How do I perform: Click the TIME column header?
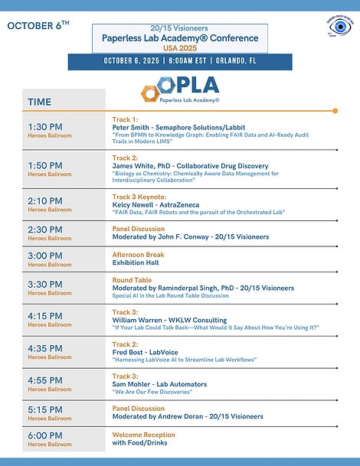pyautogui.click(x=40, y=102)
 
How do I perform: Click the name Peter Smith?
pyautogui.click(x=133, y=127)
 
